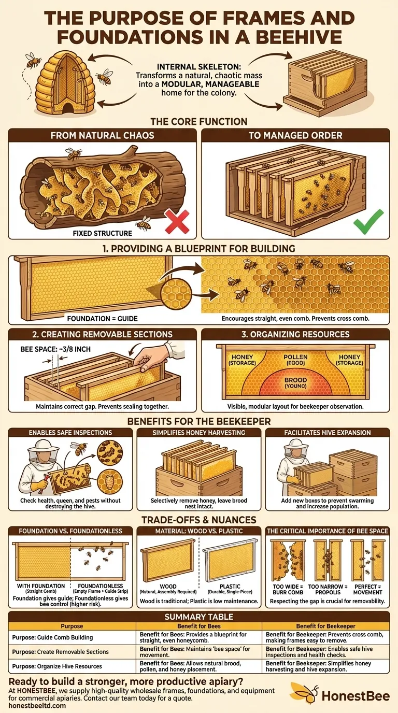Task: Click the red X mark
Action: coord(177,222)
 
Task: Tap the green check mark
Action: coord(368,222)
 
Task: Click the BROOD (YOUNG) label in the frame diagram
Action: coord(295,383)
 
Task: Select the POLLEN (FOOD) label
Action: coord(295,360)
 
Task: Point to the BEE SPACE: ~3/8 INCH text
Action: coord(55,349)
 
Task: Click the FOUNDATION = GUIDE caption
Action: coord(102,319)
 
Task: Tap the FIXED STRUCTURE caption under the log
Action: coord(102,233)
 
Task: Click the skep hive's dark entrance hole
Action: coord(67,108)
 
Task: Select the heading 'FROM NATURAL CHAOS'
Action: coord(102,135)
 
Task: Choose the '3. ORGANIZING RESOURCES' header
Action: coord(295,334)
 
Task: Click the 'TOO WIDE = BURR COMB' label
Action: coord(288,590)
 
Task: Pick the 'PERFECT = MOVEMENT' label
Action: coord(368,590)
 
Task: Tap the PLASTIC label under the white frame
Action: coord(230,587)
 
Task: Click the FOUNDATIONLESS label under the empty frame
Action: coord(101,586)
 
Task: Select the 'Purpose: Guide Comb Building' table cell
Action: coord(52,637)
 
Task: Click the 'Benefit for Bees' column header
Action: coord(199,626)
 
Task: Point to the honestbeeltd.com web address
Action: coord(37,705)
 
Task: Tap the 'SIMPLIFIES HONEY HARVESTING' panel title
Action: coord(198,433)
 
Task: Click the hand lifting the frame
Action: coord(151,356)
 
